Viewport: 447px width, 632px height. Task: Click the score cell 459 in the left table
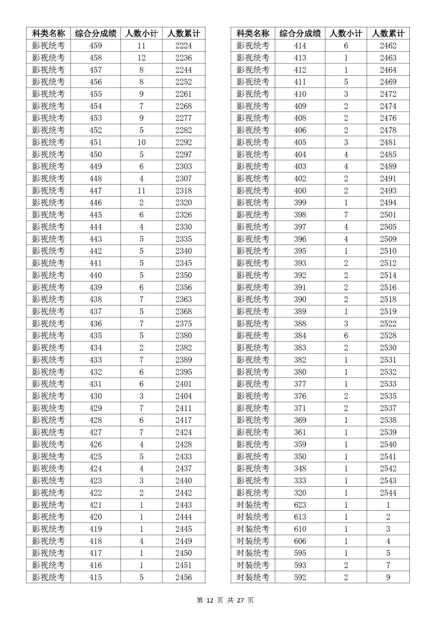click(x=96, y=46)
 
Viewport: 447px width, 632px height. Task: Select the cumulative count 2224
click(x=183, y=46)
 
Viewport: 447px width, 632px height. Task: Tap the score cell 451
click(x=96, y=142)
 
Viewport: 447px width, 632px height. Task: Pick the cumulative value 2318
click(x=183, y=191)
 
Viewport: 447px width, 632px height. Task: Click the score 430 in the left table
click(x=96, y=396)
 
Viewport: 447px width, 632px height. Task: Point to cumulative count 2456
click(x=183, y=577)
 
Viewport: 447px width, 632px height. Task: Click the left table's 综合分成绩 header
click(x=96, y=34)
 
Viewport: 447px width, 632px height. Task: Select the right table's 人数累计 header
click(x=388, y=34)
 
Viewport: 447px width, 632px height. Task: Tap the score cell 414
click(x=300, y=46)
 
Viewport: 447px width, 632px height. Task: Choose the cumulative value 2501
click(x=388, y=215)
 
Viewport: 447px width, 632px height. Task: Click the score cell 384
click(x=300, y=336)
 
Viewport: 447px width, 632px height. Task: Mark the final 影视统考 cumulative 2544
click(x=388, y=493)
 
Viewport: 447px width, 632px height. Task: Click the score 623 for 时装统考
click(x=300, y=505)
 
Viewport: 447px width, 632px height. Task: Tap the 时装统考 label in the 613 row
click(x=253, y=517)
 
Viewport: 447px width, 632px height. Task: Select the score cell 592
click(x=300, y=577)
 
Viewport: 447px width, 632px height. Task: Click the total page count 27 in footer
click(x=240, y=600)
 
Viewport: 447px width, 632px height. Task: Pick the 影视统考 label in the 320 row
click(x=253, y=493)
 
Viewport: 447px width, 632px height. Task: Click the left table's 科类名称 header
click(x=48, y=34)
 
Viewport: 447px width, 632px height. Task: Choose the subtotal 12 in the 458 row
click(x=141, y=58)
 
